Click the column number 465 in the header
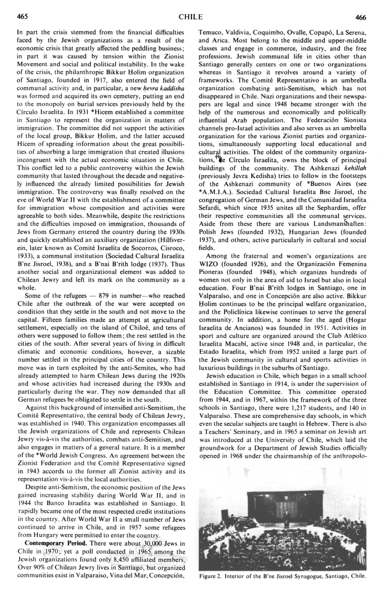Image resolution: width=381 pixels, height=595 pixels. pyautogui.click(x=22, y=17)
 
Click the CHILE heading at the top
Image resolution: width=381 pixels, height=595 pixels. pyautogui.click(x=191, y=17)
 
